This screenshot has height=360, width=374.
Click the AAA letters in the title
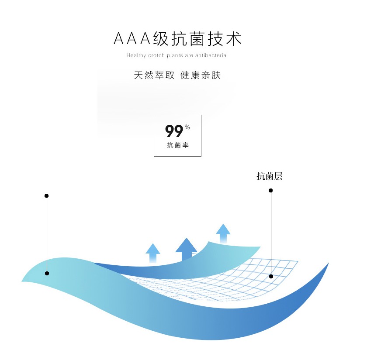132,39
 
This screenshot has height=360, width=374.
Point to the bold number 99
174,131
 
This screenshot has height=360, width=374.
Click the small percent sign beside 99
187,127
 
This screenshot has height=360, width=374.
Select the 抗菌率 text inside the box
177,145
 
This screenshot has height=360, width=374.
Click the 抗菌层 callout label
270,176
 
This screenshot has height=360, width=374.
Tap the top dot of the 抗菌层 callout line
270,190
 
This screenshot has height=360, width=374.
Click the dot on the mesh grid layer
271,276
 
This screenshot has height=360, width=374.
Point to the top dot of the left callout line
47,195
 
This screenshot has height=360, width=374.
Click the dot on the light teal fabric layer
47,273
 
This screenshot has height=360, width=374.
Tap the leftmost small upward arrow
153,253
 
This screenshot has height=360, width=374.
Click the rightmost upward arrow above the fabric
223,233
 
